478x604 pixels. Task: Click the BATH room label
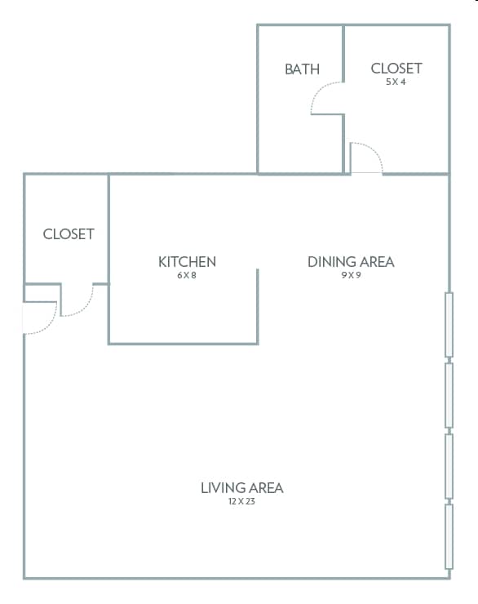(302, 69)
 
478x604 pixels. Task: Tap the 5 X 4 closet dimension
(396, 82)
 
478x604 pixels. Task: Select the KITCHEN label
(187, 262)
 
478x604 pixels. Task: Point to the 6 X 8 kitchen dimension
(187, 275)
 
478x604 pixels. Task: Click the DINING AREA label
(351, 262)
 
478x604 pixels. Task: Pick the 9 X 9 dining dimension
(351, 275)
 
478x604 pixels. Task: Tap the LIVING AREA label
(242, 488)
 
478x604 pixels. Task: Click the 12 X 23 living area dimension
(241, 501)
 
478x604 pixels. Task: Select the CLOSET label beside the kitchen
(69, 234)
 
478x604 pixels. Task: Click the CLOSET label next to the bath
(396, 69)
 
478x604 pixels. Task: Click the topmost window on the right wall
(449, 325)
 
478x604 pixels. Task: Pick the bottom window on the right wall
(449, 536)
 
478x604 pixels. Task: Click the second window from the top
(449, 395)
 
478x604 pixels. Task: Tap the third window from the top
(449, 466)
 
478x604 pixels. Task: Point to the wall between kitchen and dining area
(258, 307)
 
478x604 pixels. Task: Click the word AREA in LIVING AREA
(265, 488)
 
